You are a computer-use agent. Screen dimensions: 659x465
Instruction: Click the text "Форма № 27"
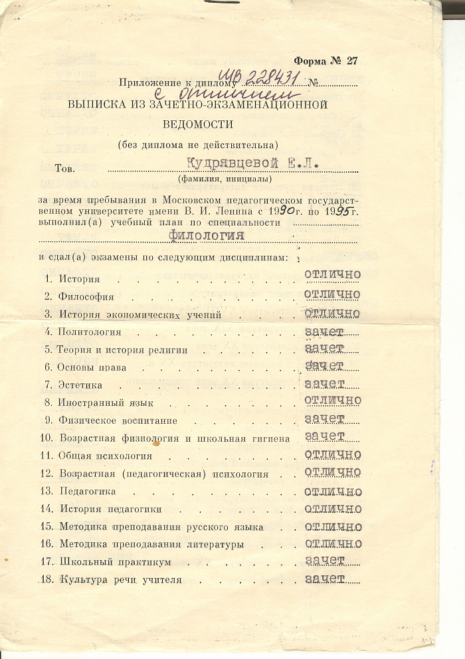click(325, 60)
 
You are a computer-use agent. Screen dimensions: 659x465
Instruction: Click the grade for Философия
click(332, 294)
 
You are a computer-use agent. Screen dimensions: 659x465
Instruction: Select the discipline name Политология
click(90, 331)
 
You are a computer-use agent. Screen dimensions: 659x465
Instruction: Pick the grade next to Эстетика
click(324, 383)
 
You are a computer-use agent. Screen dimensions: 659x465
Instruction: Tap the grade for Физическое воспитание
click(324, 419)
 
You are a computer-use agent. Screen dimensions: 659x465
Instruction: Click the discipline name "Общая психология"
click(106, 456)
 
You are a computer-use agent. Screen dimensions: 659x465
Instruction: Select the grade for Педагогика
click(332, 492)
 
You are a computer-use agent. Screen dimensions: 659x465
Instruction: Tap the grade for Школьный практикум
click(324, 561)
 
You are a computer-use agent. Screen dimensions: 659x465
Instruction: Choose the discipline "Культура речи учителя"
click(120, 580)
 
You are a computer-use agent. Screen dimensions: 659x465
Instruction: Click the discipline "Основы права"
click(92, 367)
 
